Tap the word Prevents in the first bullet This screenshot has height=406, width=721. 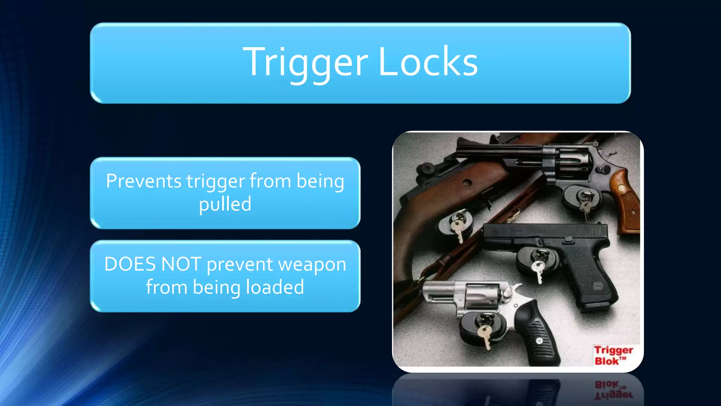[x=144, y=181]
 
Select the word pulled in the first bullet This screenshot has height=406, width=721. [x=225, y=204]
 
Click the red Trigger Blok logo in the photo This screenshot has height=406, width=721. [x=613, y=355]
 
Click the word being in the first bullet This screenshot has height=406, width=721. [x=320, y=181]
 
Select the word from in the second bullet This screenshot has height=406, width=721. [x=167, y=287]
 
